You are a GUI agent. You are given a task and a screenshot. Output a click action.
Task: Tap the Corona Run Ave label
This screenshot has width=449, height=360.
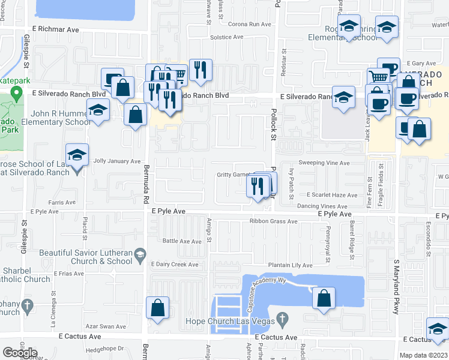pyautogui.click(x=251, y=24)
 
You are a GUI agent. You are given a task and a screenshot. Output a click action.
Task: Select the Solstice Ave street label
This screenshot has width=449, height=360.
pyautogui.click(x=226, y=37)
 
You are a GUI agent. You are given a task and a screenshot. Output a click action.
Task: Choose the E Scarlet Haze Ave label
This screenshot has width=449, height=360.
pyautogui.click(x=332, y=195)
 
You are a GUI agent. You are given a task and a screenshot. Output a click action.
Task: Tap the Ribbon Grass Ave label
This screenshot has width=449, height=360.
pyautogui.click(x=273, y=221)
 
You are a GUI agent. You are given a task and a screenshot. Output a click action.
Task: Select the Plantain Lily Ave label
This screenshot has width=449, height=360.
pyautogui.click(x=291, y=265)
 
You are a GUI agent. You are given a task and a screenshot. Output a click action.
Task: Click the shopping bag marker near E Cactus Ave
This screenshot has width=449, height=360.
pyautogui.click(x=157, y=308)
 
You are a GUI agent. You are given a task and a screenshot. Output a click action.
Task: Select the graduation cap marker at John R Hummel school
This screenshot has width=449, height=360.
pyautogui.click(x=98, y=110)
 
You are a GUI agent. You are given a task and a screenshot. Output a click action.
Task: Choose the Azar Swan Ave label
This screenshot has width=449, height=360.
pyautogui.click(x=105, y=326)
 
